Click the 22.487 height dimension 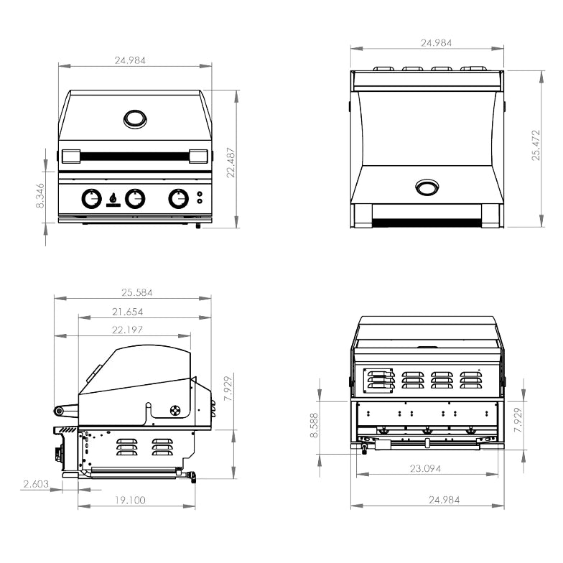231,162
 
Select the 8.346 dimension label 40,195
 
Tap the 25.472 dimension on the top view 536,145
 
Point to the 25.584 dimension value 136,293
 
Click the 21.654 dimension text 128,312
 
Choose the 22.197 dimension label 128,330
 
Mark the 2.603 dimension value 36,484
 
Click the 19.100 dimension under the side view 131,500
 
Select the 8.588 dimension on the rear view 315,425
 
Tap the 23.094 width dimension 425,468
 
